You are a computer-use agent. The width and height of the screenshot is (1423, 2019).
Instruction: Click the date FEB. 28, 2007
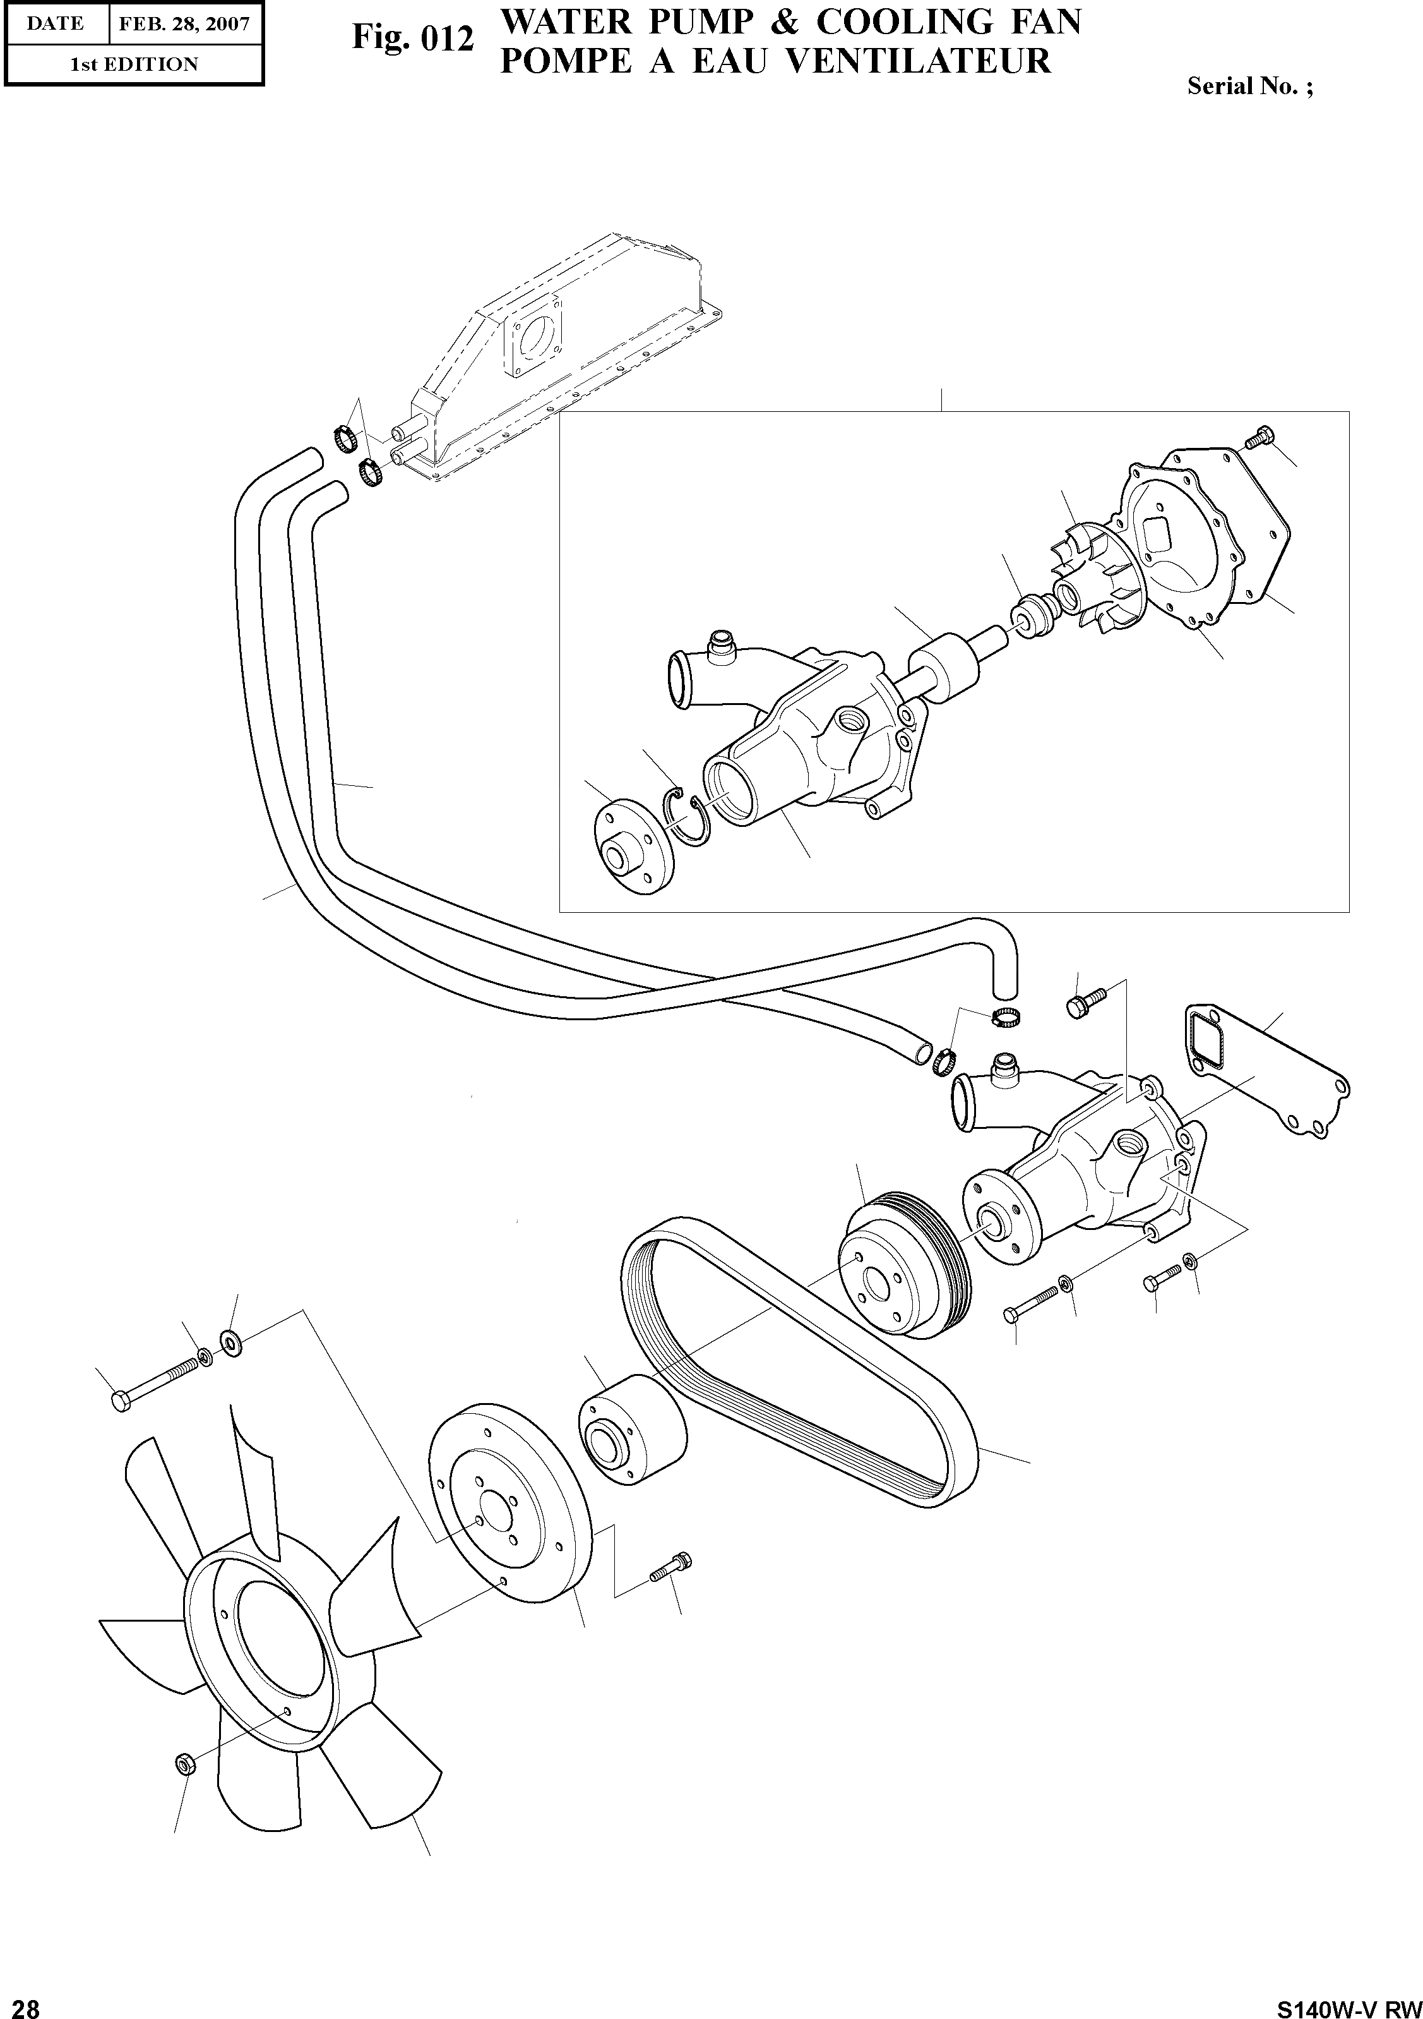tap(184, 24)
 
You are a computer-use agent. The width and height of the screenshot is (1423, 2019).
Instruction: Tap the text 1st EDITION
tap(134, 64)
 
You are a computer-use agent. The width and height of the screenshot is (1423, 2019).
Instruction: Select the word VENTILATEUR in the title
tap(917, 61)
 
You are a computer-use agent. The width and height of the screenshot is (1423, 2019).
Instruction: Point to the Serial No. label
tap(1248, 86)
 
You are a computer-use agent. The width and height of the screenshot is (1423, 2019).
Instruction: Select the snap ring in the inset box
tap(683, 816)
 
